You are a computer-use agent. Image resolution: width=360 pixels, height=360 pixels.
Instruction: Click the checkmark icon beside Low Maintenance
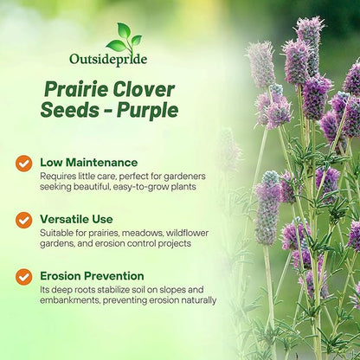click(x=23, y=163)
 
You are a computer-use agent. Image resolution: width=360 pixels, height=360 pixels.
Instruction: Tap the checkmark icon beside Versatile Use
click(x=23, y=220)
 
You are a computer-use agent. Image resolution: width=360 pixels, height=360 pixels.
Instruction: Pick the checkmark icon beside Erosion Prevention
click(x=23, y=277)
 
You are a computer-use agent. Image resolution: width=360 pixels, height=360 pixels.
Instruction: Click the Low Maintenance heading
click(x=88, y=162)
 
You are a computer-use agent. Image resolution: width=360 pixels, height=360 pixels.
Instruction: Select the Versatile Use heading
click(x=79, y=219)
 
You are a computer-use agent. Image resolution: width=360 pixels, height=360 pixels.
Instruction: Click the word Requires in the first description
click(x=61, y=176)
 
